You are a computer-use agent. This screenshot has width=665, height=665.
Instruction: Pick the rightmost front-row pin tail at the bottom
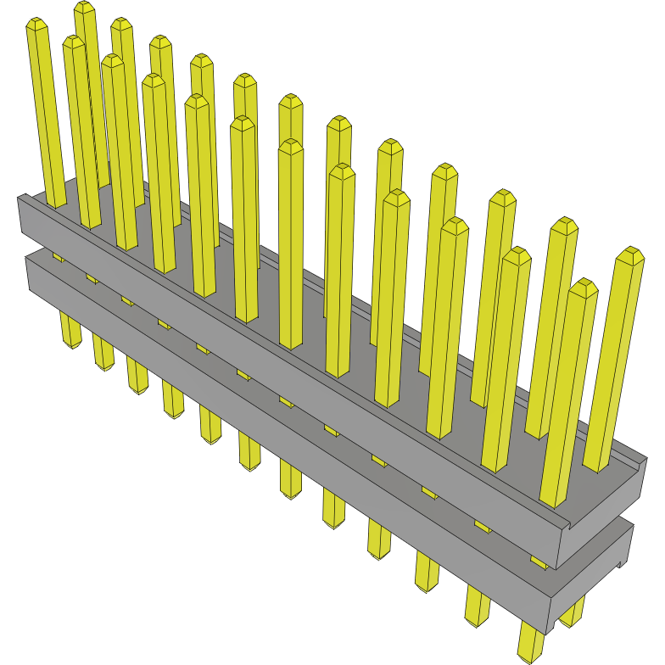[529, 645]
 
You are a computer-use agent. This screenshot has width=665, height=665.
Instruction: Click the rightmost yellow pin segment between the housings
[539, 561]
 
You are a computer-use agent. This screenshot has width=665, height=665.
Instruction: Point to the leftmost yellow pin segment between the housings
[58, 255]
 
